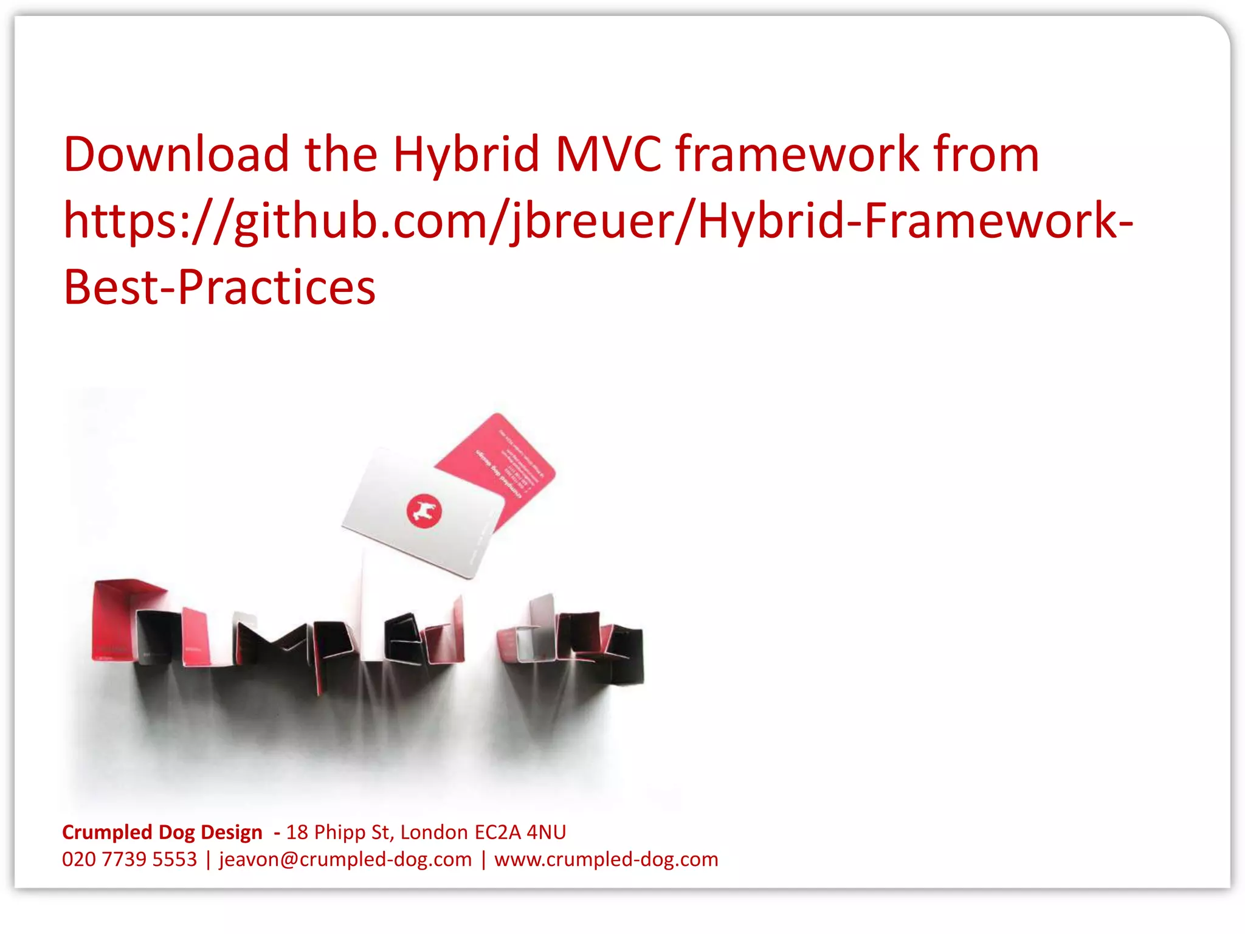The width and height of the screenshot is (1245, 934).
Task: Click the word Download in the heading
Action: (176, 154)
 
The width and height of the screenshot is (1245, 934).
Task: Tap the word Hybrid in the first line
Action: (466, 154)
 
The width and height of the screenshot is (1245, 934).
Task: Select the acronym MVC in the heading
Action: (607, 154)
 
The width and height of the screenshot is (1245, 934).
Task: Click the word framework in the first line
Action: (797, 154)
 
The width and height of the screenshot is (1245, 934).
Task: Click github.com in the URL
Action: (362, 221)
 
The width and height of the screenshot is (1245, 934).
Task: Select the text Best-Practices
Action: (219, 287)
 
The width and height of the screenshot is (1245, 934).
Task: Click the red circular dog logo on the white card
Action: (424, 511)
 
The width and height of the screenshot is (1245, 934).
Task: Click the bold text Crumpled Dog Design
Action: (162, 832)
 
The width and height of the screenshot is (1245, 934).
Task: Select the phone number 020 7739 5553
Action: (129, 859)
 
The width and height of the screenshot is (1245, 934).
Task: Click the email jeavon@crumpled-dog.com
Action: (345, 859)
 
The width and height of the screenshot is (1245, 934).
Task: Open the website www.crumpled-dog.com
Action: (606, 859)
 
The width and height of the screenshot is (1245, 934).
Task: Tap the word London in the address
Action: (434, 832)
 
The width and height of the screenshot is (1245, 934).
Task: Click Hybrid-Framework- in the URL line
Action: (915, 221)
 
